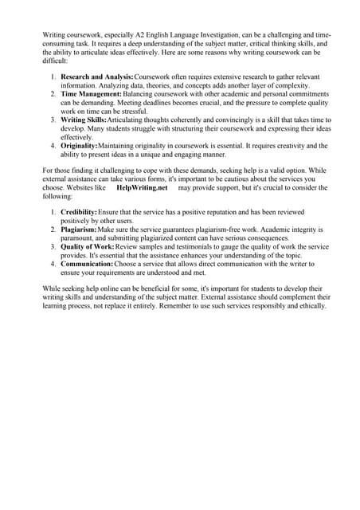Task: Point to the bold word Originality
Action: [x=79, y=146]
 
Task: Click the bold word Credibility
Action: [x=79, y=212]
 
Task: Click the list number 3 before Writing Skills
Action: [x=53, y=120]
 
